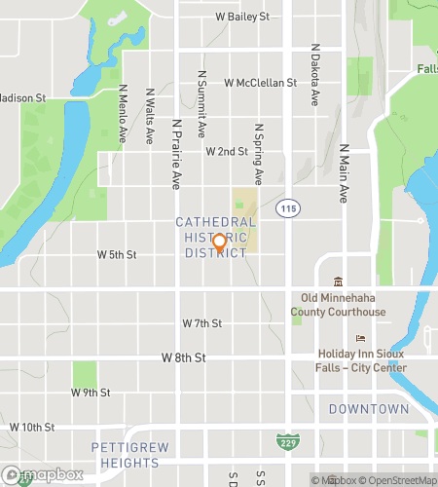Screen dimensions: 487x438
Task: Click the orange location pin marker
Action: point(219,243)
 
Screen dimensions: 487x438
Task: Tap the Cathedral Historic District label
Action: point(216,238)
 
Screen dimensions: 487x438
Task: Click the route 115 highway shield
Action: point(287,208)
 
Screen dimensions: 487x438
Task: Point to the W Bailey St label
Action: point(241,17)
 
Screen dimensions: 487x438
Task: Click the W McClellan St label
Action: point(260,84)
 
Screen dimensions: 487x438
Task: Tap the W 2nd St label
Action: point(227,152)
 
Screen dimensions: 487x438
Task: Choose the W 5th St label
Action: point(117,254)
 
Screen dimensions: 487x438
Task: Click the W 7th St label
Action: point(202,322)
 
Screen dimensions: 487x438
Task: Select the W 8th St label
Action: point(183,357)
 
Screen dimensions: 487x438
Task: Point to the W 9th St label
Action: point(91,393)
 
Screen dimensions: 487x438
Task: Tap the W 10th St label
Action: point(32,427)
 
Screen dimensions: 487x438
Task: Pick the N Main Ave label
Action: point(344,174)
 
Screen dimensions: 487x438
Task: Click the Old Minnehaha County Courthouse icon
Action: point(338,281)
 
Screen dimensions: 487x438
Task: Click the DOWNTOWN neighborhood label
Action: point(369,409)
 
